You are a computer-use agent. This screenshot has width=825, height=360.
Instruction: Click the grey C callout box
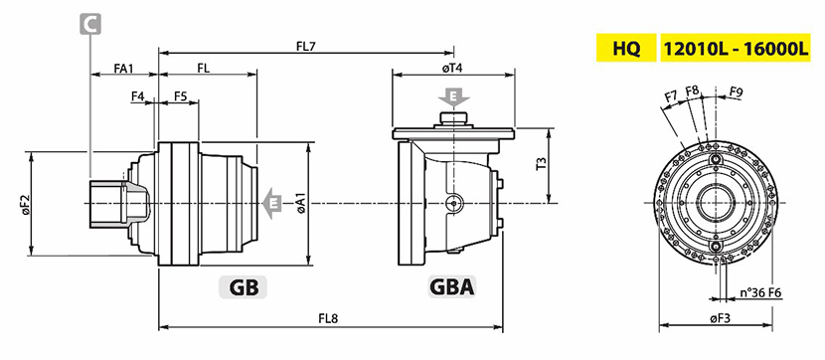tap(90, 24)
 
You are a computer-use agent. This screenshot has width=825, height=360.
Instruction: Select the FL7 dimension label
tap(306, 46)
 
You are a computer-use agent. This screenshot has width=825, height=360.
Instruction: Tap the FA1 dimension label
tap(123, 68)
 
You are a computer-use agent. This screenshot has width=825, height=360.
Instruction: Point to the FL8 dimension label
tap(329, 319)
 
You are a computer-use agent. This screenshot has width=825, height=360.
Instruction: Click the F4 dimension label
tap(138, 95)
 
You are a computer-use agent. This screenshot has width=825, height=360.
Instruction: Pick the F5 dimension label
tap(181, 95)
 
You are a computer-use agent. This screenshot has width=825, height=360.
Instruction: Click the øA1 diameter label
tap(301, 203)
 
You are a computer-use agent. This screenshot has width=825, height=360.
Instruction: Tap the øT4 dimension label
tap(452, 68)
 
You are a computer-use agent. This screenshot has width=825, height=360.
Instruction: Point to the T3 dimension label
tap(541, 165)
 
